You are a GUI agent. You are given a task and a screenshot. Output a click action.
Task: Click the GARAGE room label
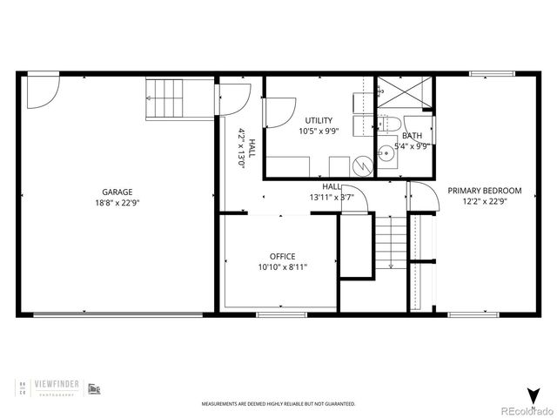click(x=117, y=192)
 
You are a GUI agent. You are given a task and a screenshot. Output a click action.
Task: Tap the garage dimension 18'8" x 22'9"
click(x=117, y=202)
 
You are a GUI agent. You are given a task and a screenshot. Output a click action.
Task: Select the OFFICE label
click(x=282, y=256)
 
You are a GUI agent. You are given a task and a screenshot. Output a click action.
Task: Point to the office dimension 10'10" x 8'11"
click(x=282, y=267)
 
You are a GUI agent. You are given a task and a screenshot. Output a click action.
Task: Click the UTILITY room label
click(x=319, y=120)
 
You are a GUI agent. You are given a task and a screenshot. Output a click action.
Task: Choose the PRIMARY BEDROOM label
click(x=485, y=191)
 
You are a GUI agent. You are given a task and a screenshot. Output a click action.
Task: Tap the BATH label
click(x=412, y=137)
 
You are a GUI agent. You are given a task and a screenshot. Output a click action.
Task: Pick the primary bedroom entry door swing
click(x=419, y=195)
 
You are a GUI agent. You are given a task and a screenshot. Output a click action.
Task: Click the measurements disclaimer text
click(x=278, y=404)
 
